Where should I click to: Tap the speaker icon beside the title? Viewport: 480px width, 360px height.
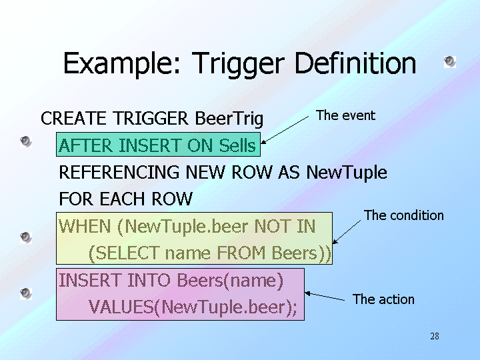450,62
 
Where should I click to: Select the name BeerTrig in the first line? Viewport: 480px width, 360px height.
229,119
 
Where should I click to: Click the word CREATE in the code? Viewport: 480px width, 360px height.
74,119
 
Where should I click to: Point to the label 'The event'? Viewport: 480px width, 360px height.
345,115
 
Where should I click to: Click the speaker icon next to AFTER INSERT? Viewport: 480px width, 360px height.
25,141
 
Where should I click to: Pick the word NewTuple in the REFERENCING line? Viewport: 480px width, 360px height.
347,173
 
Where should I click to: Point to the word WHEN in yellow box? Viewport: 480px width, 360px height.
85,226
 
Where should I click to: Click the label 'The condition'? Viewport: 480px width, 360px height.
403,215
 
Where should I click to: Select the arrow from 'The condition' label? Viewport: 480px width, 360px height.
346,231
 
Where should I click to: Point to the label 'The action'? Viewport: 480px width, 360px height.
383,299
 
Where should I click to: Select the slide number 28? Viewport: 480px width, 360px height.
435,336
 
